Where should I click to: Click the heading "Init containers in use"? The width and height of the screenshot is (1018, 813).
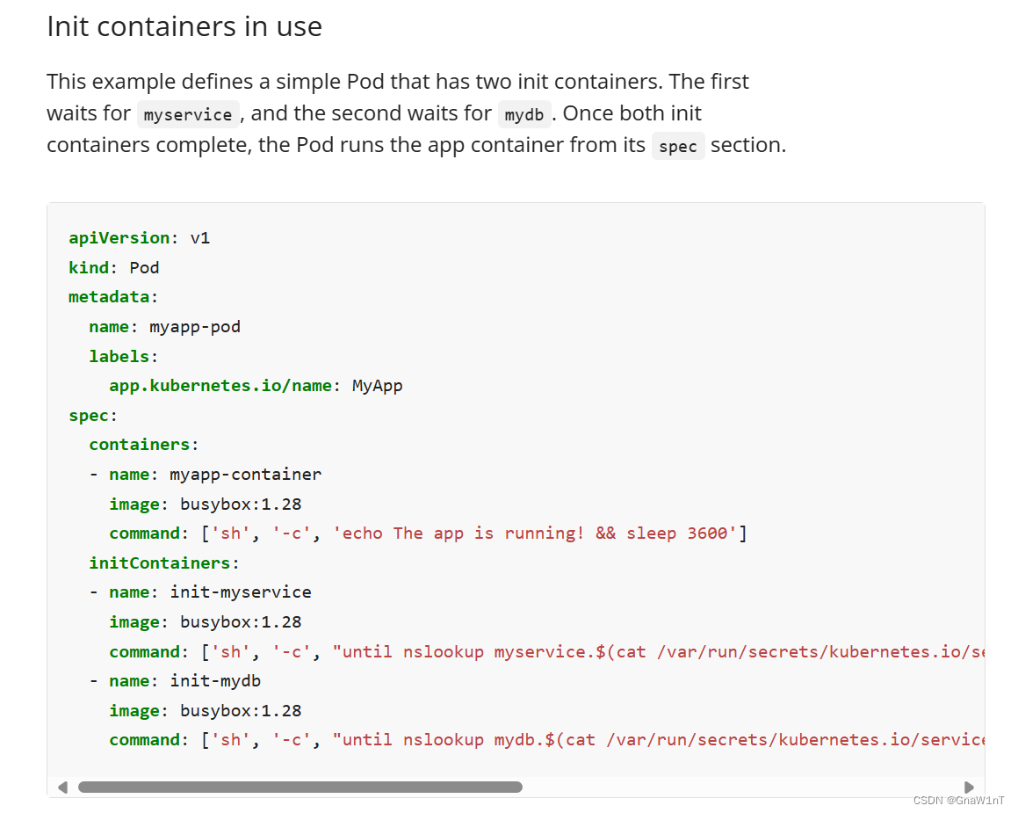[184, 26]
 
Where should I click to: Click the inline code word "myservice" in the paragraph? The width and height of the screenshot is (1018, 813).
[188, 115]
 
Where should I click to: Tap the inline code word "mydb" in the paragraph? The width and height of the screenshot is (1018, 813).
[524, 115]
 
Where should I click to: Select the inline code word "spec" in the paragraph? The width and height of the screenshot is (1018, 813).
[678, 147]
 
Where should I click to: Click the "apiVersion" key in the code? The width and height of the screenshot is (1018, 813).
[119, 238]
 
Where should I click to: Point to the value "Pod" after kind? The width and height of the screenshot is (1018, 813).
[144, 268]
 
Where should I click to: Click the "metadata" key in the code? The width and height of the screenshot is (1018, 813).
[109, 297]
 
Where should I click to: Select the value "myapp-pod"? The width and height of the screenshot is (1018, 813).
[195, 327]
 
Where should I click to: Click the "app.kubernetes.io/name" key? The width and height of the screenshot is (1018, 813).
[220, 386]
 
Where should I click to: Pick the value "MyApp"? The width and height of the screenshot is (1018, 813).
[377, 386]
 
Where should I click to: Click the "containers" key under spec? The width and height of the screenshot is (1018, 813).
[140, 445]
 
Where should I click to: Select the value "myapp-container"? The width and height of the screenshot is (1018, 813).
[245, 475]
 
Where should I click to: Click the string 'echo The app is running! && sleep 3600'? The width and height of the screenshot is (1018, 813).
[535, 534]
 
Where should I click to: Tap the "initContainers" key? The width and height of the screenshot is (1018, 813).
[160, 563]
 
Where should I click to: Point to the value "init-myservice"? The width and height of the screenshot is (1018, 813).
[240, 592]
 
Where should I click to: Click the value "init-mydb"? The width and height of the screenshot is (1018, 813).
[215, 681]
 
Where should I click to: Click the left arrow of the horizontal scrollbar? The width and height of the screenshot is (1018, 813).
[63, 788]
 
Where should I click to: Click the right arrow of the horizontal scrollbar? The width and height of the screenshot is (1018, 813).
[970, 788]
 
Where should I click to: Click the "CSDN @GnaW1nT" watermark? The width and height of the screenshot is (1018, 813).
[959, 801]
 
